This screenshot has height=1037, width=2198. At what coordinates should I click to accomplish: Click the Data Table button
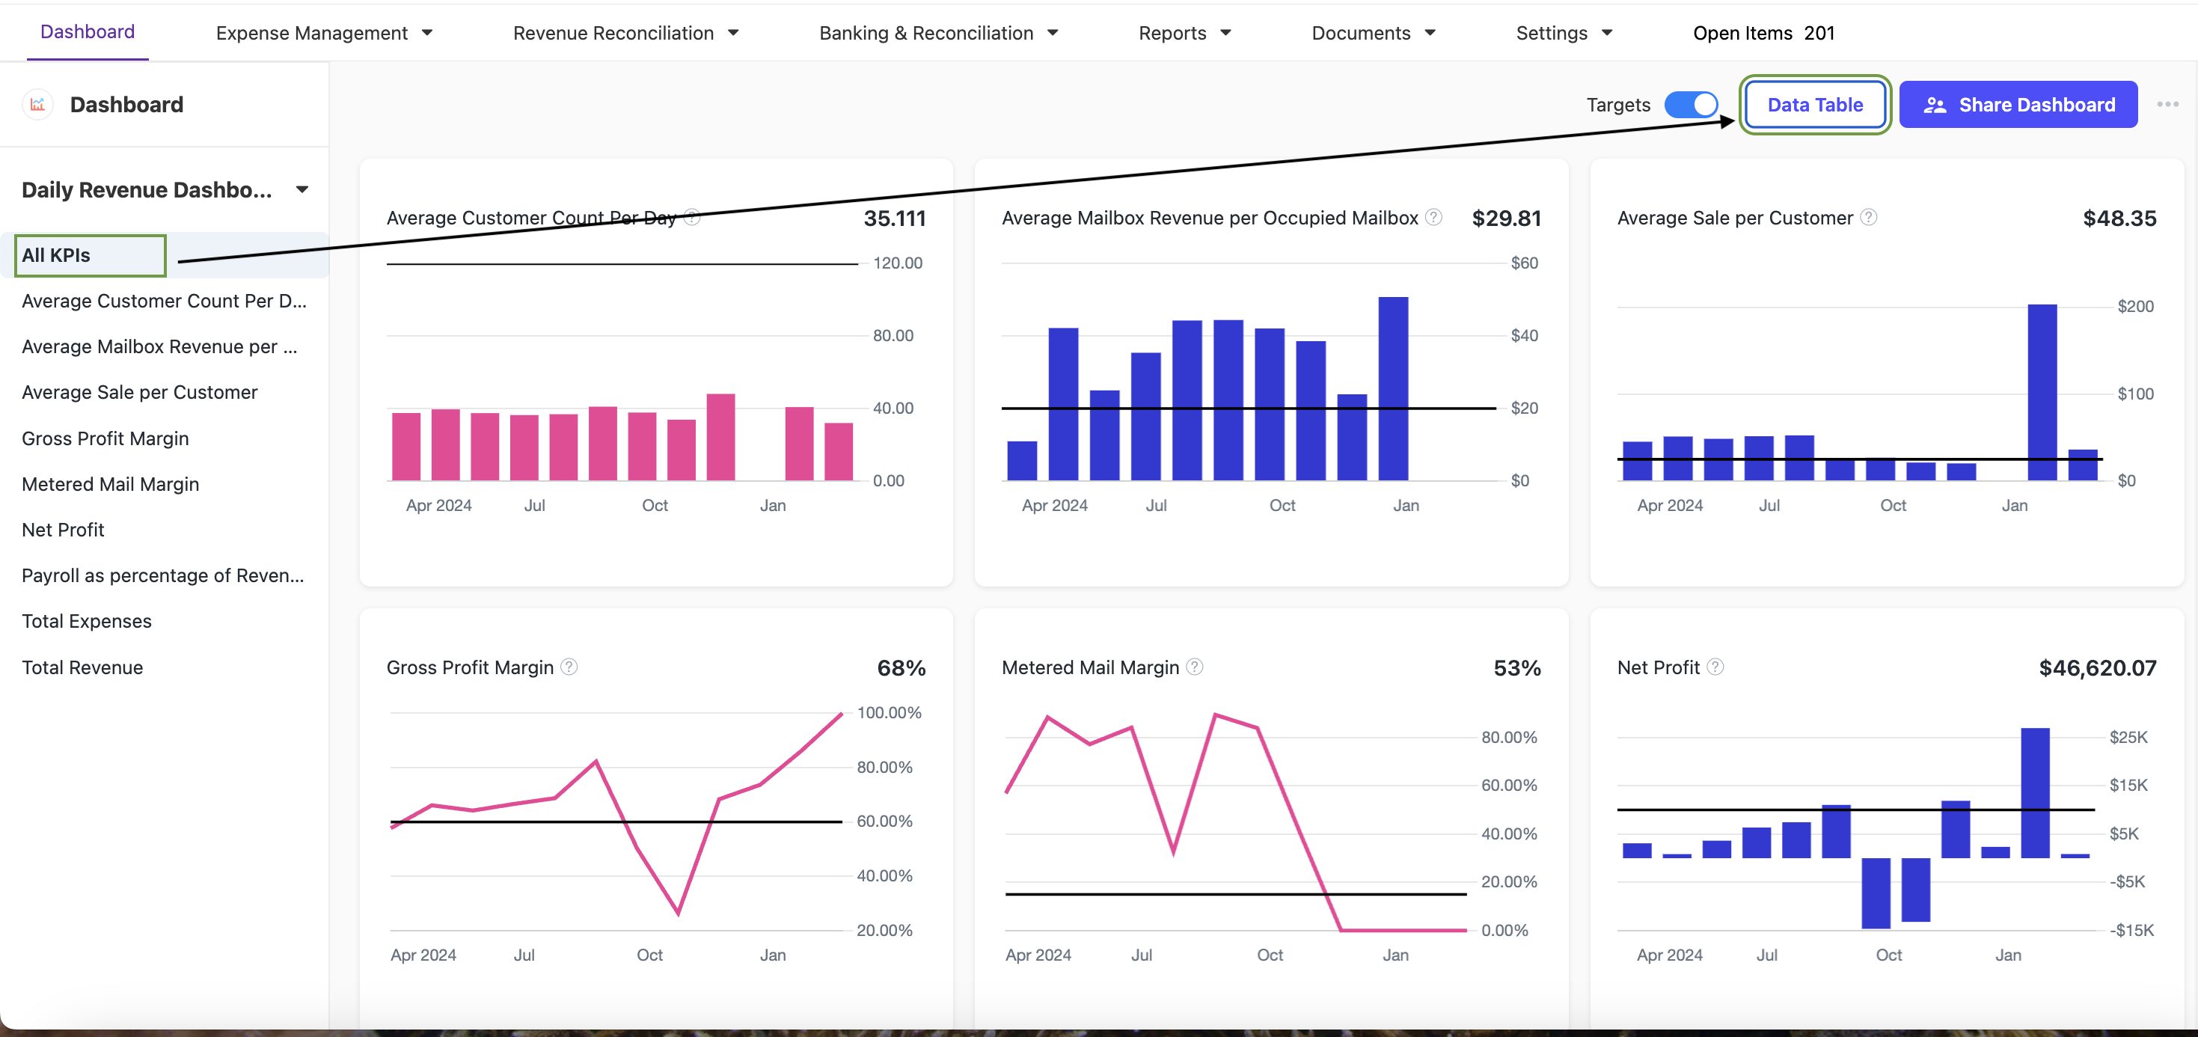tap(1814, 105)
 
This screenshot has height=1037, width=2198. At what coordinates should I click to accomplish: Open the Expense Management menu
tap(323, 33)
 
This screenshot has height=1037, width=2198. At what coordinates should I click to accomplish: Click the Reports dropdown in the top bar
tap(1184, 33)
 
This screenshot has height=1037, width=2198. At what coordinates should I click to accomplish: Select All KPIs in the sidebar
tap(91, 255)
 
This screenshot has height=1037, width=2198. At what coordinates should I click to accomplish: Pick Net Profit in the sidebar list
tap(63, 530)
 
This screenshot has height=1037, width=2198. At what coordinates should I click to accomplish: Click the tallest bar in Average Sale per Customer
tap(2041, 393)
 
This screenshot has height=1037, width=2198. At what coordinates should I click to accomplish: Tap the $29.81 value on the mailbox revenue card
tap(1506, 218)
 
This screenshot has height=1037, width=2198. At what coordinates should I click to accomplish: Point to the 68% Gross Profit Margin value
tap(901, 668)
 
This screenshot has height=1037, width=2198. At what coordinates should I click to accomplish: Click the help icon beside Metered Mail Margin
tap(1195, 667)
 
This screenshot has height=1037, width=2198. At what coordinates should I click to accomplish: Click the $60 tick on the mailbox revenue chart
tap(1524, 263)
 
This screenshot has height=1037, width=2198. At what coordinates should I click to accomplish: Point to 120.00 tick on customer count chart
tap(897, 263)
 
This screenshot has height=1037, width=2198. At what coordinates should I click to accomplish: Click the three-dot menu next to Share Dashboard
tap(2167, 104)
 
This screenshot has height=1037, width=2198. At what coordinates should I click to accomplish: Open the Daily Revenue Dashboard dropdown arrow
tap(302, 189)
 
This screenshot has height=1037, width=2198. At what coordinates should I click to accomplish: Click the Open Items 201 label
tap(1763, 33)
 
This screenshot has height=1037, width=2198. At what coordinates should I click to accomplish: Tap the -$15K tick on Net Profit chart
tap(2131, 930)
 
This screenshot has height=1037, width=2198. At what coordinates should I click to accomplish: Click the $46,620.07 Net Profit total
tap(2096, 668)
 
